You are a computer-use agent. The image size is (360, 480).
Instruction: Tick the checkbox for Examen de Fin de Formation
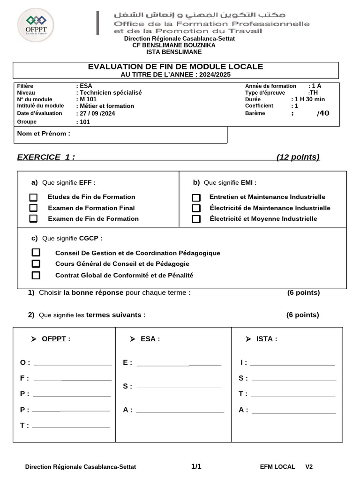tap(33, 219)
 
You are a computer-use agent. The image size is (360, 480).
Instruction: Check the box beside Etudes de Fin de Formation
tap(33, 197)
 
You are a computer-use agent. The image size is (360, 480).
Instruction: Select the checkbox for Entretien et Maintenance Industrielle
tap(196, 197)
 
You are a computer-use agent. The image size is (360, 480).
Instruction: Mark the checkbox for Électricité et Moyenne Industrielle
tap(196, 219)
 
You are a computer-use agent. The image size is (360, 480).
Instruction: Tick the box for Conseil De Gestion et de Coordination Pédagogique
tap(36, 253)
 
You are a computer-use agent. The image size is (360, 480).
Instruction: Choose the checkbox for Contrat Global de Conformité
tap(36, 275)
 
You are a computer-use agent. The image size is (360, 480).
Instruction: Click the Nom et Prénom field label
tap(44, 133)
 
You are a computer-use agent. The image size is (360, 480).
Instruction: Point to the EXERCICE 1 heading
tap(46, 157)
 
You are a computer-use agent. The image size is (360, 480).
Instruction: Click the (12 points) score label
tap(298, 157)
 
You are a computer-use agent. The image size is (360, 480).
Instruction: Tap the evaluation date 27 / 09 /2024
tap(97, 113)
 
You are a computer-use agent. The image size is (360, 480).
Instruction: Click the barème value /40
tap(323, 113)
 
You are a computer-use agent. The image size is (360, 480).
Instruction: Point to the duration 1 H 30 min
tap(309, 99)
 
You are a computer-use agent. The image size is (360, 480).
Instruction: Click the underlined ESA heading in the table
tap(148, 339)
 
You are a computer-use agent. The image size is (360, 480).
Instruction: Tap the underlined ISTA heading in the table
tap(264, 339)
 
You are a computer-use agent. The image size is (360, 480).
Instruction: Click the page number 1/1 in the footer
tap(196, 466)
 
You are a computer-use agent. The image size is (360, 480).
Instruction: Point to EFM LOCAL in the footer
tap(277, 467)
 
